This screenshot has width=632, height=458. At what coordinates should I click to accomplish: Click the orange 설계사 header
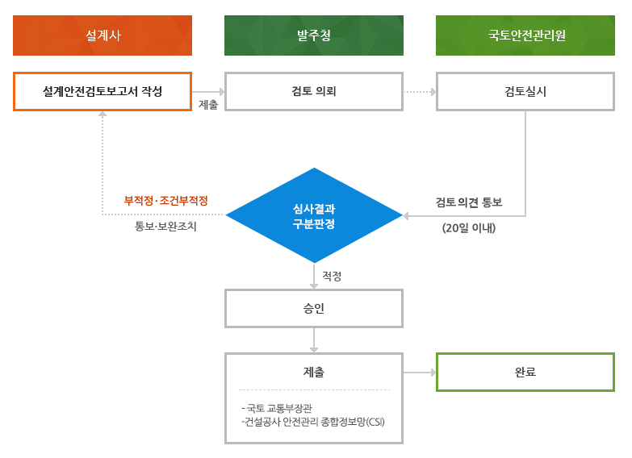pyautogui.click(x=103, y=35)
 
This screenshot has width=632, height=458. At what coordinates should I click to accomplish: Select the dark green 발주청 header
pyautogui.click(x=313, y=35)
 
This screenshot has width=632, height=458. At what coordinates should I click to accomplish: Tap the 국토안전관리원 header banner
pyautogui.click(x=525, y=35)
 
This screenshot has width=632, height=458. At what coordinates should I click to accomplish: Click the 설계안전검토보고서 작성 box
pyautogui.click(x=103, y=91)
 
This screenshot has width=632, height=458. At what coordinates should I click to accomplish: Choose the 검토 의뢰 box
pyautogui.click(x=313, y=91)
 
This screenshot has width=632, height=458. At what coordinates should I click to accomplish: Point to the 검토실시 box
pyautogui.click(x=525, y=91)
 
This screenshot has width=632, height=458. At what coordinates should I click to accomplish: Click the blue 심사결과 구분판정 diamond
pyautogui.click(x=313, y=215)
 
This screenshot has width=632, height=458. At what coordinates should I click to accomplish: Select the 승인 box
pyautogui.click(x=313, y=309)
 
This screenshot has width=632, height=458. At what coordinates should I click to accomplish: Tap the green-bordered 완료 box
pyautogui.click(x=525, y=372)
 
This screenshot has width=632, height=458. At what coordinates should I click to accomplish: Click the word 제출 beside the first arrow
pyautogui.click(x=207, y=105)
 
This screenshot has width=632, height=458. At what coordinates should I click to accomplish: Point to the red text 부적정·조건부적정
pyautogui.click(x=165, y=200)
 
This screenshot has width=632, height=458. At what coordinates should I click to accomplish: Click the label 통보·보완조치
pyautogui.click(x=165, y=227)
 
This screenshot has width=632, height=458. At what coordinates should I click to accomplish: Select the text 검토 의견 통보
pyautogui.click(x=469, y=202)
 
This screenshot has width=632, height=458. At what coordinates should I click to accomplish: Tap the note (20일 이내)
pyautogui.click(x=469, y=228)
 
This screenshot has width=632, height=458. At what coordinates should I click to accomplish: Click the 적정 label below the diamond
pyautogui.click(x=332, y=276)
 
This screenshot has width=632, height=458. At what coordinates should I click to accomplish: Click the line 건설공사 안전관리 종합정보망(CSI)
pyautogui.click(x=313, y=422)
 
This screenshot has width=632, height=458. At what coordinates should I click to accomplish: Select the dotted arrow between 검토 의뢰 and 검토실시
pyautogui.click(x=420, y=92)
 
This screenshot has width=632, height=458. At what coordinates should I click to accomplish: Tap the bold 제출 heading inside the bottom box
pyautogui.click(x=313, y=373)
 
